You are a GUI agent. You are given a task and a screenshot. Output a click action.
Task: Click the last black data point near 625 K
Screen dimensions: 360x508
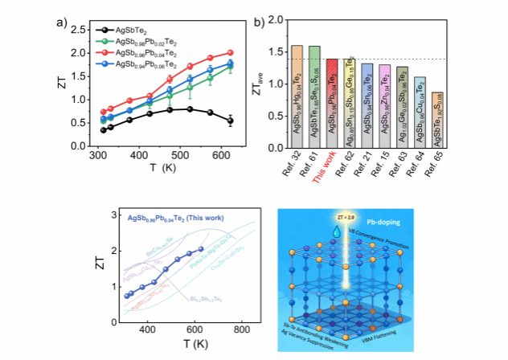[x=229, y=121]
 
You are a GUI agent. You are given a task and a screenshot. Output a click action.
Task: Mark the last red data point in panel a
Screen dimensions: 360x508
[x=229, y=52]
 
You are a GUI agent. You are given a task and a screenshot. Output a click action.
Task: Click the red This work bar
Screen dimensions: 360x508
[x=331, y=103]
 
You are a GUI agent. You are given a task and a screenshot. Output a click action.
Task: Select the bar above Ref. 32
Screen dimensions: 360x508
[x=297, y=96]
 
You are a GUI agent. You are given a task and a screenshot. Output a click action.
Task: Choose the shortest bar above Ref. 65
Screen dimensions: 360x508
[x=436, y=120]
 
